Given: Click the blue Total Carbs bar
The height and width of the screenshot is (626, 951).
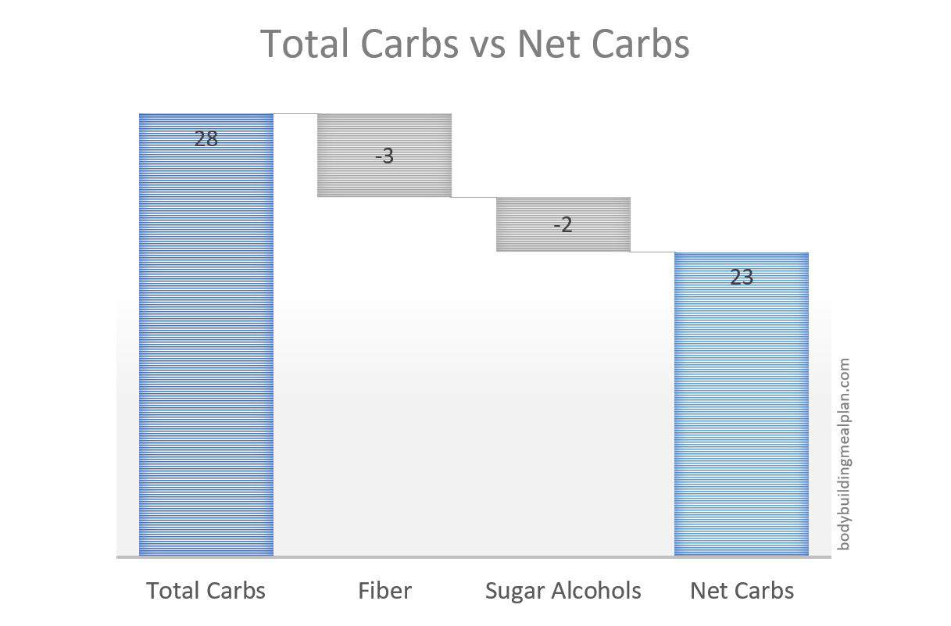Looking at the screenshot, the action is (x=206, y=334).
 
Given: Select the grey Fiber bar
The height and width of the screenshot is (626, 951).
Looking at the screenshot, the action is (x=384, y=155).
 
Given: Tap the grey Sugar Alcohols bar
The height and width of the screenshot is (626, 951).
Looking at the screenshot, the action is (x=563, y=224).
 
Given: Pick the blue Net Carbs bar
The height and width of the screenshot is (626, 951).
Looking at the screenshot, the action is (x=742, y=404).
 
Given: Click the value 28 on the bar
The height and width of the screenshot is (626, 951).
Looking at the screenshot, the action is (x=206, y=138).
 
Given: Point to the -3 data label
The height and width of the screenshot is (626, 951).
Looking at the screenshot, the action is (x=384, y=156).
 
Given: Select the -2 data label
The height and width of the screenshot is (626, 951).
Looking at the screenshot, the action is (x=563, y=224).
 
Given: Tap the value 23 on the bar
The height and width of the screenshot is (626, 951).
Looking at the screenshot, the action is (x=742, y=277).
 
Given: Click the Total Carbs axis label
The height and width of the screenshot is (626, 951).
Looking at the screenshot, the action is (x=206, y=590).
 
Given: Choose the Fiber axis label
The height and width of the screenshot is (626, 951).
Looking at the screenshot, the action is (x=384, y=590).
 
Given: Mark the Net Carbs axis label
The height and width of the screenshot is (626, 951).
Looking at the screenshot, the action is (x=742, y=590).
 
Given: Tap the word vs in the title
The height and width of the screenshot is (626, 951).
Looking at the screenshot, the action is (x=488, y=48).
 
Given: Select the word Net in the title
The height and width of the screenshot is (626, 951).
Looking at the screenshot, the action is (x=548, y=43).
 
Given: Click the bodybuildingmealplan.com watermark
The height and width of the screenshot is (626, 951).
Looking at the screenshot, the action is (x=844, y=454).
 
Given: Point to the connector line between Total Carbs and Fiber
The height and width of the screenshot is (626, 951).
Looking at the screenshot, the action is (x=295, y=114).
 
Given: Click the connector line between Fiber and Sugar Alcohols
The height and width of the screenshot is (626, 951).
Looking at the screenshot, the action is (x=474, y=197).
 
